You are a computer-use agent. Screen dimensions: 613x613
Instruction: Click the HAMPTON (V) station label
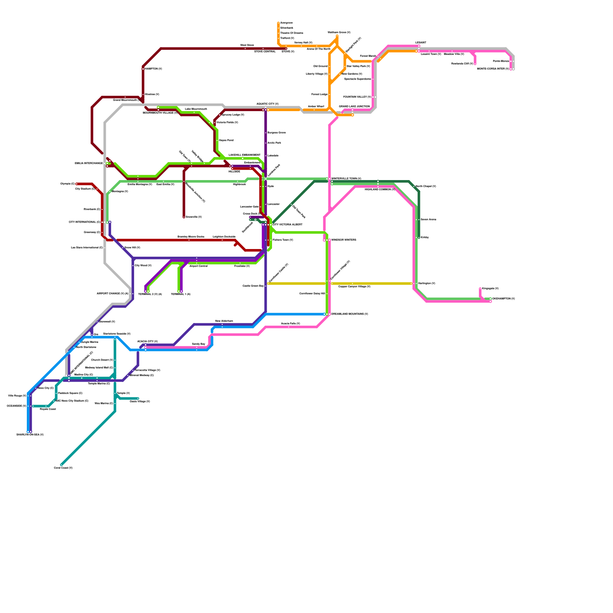point(153,69)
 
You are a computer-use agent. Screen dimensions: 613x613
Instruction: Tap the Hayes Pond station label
point(226,141)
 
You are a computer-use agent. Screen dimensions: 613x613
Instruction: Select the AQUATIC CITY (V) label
point(267,104)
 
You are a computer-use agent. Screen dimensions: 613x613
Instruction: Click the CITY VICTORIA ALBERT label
point(287,225)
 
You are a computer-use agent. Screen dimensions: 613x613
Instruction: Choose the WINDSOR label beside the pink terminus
point(344,240)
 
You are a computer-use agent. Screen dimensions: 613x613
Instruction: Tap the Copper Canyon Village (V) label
point(354,287)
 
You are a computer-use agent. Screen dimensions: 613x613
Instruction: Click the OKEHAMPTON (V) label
point(503,299)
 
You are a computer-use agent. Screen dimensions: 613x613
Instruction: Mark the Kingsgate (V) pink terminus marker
point(480,289)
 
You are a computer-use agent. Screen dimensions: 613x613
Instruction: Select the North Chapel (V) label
point(426,187)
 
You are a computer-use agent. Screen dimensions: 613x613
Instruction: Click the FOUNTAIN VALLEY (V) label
point(357,97)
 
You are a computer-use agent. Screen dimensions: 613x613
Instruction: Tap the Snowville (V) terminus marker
point(184,217)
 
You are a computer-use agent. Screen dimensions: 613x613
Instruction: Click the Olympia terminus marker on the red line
point(77,184)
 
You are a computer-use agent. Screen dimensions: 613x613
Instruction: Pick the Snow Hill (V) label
point(132,248)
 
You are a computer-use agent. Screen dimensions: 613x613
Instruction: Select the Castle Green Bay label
point(253,286)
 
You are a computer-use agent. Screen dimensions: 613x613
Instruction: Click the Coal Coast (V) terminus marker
point(61,465)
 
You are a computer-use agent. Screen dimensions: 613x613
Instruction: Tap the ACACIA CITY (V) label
point(148,341)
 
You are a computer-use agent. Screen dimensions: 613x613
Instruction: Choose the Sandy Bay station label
point(198,344)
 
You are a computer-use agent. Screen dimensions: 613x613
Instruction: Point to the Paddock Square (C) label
point(70,393)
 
